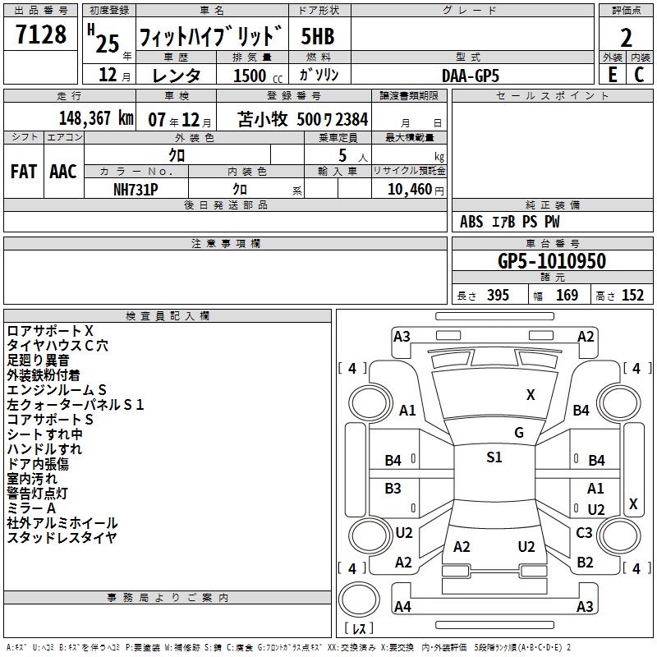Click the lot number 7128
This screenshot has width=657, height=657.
[41, 35]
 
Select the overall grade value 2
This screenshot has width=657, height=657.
[626, 38]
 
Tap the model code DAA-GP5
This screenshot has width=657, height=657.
[470, 75]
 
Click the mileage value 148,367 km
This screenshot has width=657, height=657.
[96, 117]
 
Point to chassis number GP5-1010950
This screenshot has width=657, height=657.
[552, 261]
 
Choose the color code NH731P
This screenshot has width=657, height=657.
[136, 189]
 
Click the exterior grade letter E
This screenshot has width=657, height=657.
[612, 74]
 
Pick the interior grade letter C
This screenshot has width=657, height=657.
[639, 74]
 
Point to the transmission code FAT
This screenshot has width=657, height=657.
[23, 172]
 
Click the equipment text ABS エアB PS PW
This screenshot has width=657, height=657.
[510, 222]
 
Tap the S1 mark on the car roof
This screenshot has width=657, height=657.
[494, 457]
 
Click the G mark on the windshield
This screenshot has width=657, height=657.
[519, 433]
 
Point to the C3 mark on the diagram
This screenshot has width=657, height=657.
[584, 533]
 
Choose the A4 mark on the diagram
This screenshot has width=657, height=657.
[402, 607]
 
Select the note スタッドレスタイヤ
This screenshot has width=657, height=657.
[62, 538]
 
